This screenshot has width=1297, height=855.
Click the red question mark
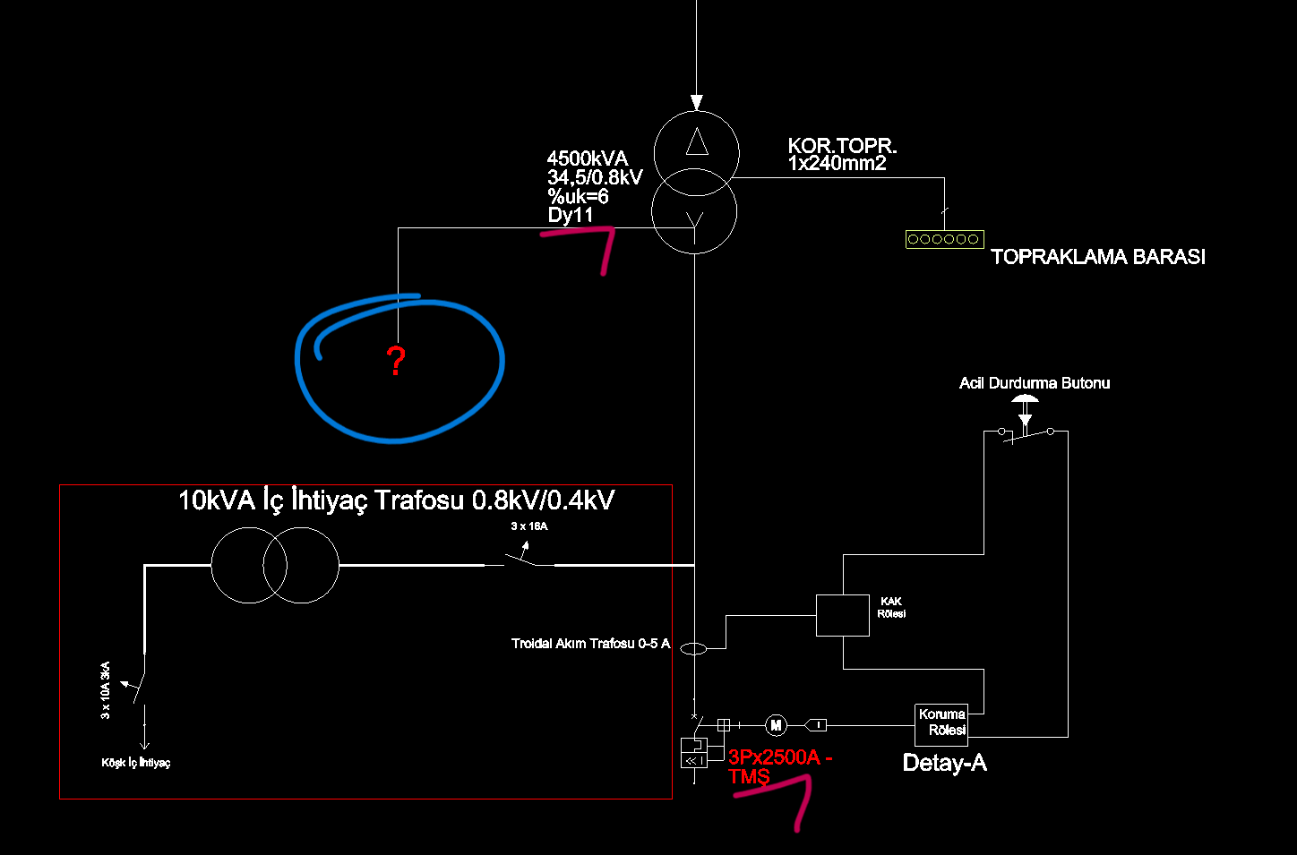396,361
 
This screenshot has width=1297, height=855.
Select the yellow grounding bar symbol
944,239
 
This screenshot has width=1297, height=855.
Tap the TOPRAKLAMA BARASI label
1098,256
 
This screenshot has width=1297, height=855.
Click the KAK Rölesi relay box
843,615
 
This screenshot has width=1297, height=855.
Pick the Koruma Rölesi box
941,725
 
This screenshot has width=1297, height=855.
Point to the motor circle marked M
776,725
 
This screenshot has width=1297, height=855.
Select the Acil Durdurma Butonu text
1035,382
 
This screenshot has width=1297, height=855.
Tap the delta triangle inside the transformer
697,141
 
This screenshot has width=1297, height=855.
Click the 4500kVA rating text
587,158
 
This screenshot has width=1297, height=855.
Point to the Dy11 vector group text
571,215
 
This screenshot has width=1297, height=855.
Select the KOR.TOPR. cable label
843,145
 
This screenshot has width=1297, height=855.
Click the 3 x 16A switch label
529,526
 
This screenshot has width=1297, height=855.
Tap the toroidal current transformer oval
693,648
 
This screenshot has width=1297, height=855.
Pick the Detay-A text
944,763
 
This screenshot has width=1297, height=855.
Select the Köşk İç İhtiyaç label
136,763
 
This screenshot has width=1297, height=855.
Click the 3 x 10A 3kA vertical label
105,690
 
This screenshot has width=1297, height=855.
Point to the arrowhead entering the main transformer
697,102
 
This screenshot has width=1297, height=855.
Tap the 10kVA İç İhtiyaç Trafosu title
396,500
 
